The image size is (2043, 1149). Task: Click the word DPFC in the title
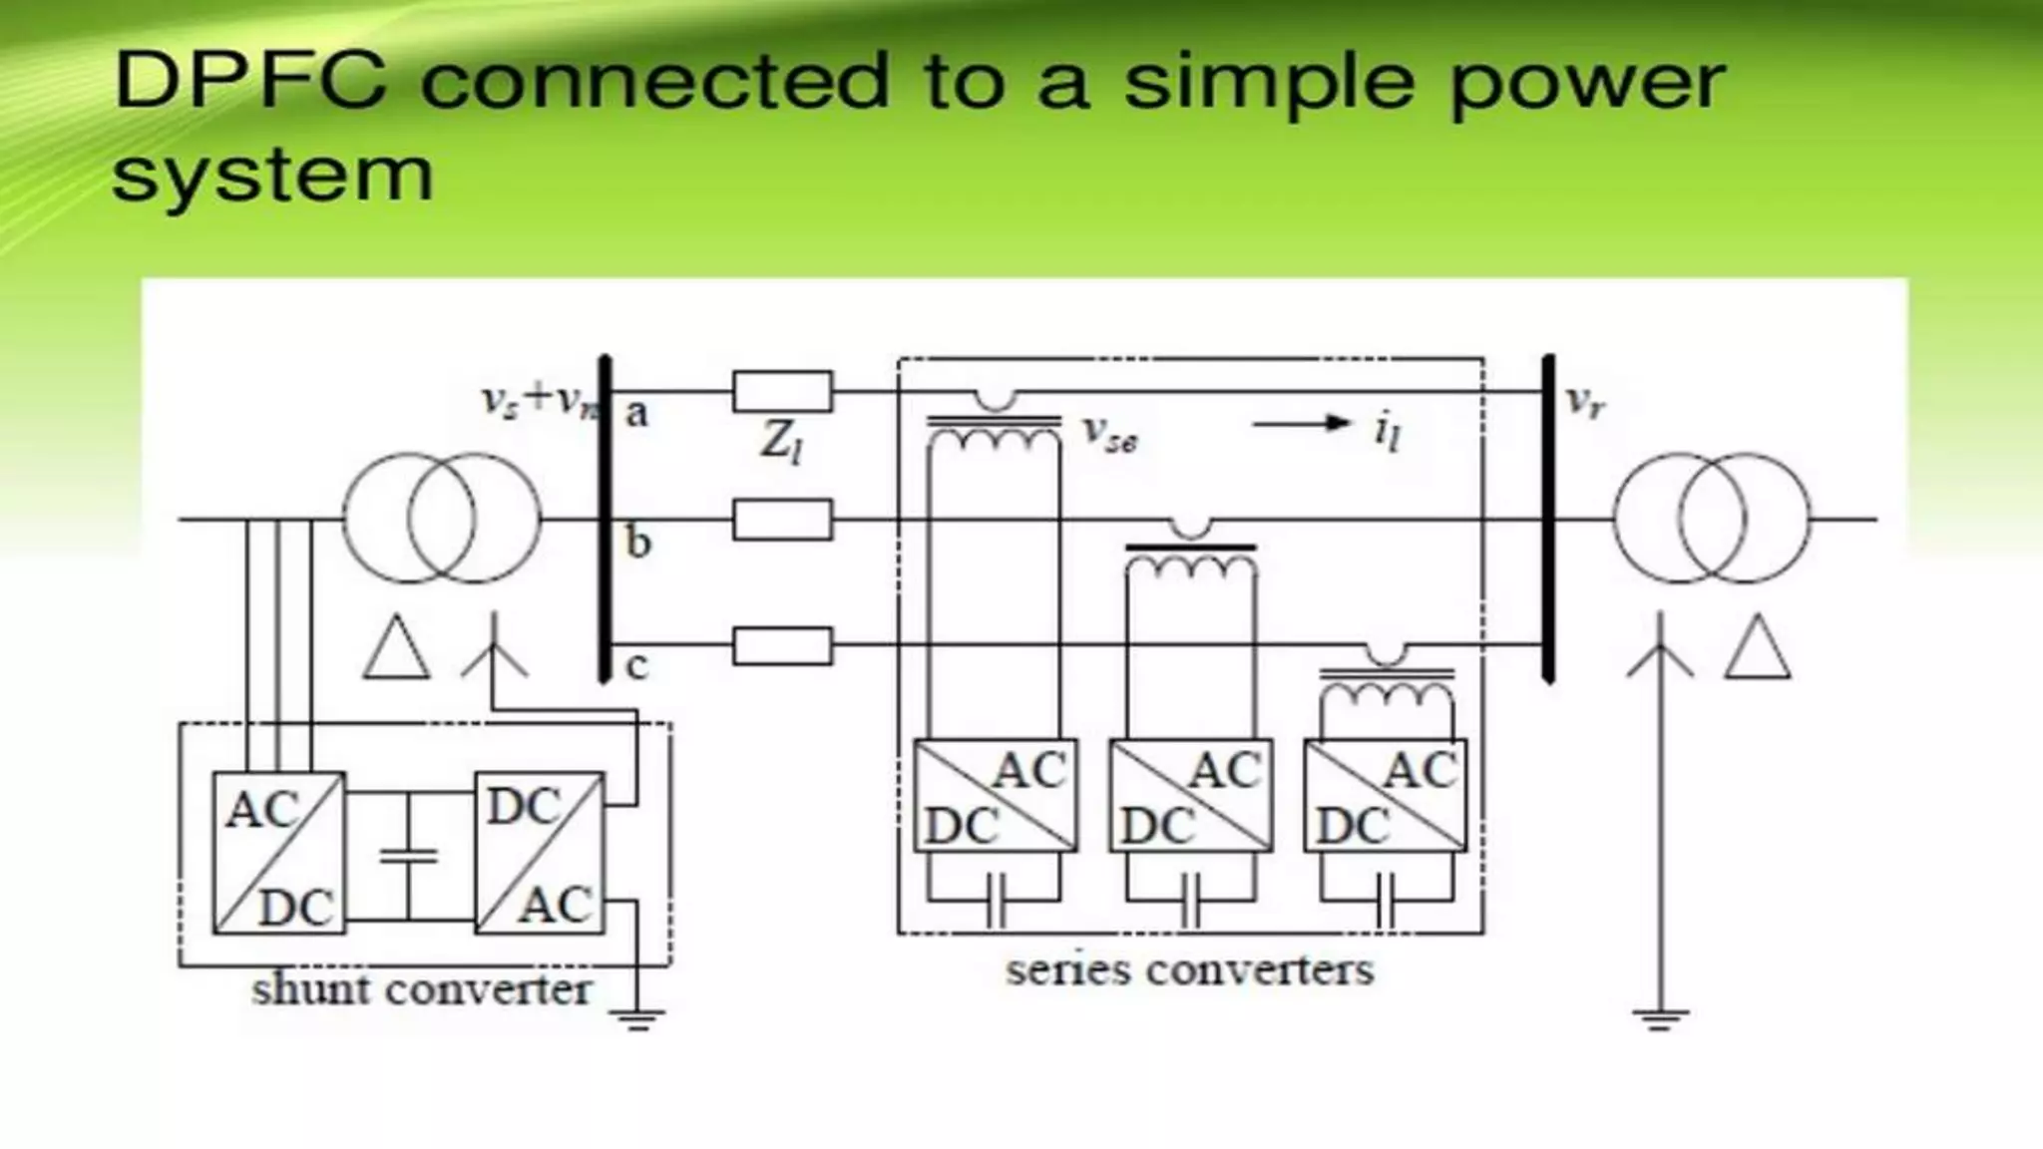250,80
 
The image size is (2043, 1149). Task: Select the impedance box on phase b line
782,520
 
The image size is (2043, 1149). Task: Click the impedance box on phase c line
782,646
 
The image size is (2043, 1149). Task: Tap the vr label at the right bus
1585,401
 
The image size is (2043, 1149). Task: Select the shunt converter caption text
421,989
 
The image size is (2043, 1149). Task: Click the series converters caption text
1189,969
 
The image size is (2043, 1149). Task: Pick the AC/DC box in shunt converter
278,853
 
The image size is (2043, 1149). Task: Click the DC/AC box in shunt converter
540,853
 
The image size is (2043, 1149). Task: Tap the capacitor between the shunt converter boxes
409,855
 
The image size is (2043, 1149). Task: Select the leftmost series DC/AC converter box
996,796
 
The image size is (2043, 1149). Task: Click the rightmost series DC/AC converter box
1386,796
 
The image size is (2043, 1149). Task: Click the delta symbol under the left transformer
396,650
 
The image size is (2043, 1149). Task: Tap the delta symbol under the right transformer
1758,650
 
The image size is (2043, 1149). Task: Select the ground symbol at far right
1660,1019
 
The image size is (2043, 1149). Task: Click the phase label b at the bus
638,543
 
